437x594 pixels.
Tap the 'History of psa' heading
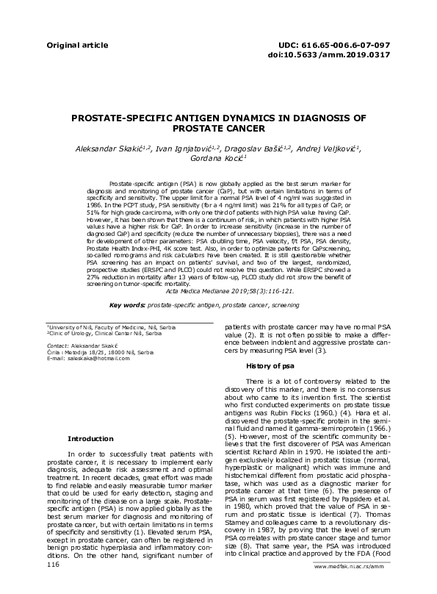point(270,365)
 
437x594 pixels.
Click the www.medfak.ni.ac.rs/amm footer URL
point(350,587)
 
